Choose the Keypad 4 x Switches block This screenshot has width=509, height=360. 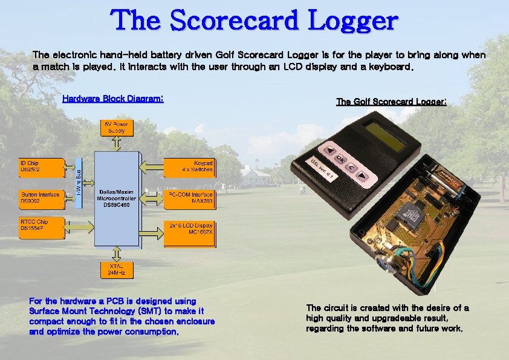[190, 168]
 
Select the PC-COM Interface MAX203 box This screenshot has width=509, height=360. [190, 198]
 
